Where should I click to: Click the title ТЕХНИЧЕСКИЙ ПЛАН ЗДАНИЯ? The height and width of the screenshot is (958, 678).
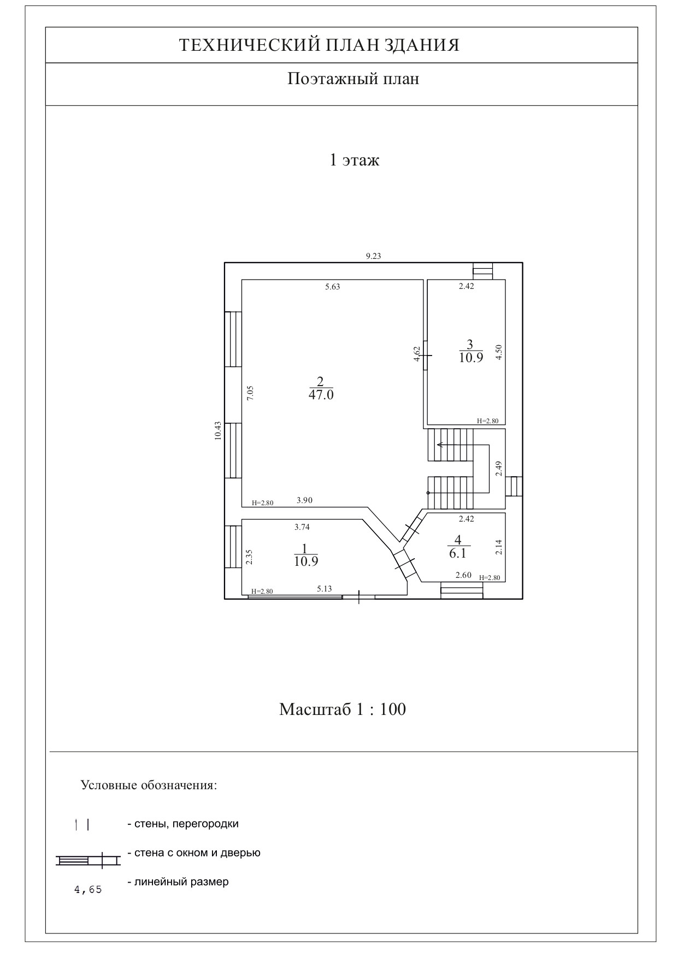coord(319,45)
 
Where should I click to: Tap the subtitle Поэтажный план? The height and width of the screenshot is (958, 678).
coord(353,79)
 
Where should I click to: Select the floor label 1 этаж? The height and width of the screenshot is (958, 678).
coord(354,161)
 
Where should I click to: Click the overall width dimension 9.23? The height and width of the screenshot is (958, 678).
coord(373,256)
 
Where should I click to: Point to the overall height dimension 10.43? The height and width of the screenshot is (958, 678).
coord(218,431)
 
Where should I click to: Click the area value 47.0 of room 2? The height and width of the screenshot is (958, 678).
coord(321,395)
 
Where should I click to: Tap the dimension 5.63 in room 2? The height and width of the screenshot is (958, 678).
coord(332,287)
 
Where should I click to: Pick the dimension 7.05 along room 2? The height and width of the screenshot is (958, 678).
coord(250,393)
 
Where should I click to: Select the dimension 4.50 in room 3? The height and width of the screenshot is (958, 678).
coord(498,352)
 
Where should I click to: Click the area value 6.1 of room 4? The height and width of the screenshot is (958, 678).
coord(458,553)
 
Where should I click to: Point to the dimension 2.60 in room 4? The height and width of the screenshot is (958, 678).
coord(463,575)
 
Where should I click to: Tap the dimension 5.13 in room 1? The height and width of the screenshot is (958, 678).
coord(325,589)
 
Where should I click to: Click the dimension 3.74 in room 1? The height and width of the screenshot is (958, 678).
coord(302,527)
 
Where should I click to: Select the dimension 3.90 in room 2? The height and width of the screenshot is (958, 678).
coord(305,500)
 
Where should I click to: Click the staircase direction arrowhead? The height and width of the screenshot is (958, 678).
coord(439,445)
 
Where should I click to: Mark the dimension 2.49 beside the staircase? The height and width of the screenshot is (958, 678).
coord(498,469)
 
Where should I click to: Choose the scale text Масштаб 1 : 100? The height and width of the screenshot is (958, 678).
coord(343,709)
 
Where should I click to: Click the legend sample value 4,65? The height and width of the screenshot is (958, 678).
coord(88,890)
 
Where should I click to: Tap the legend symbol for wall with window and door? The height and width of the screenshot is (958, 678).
coord(88,861)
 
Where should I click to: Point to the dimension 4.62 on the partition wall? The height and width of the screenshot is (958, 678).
coord(417,354)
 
